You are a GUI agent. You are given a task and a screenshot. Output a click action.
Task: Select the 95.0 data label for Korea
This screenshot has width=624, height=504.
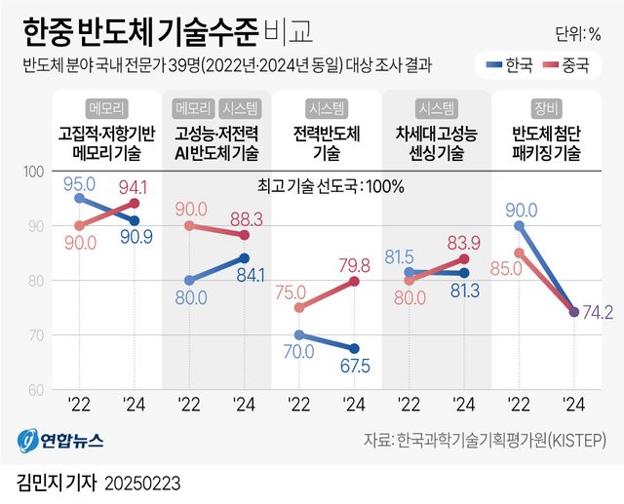78,183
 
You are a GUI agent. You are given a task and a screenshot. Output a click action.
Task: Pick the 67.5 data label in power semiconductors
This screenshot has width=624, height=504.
354,366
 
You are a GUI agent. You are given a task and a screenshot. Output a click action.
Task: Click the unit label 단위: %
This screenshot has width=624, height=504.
582,34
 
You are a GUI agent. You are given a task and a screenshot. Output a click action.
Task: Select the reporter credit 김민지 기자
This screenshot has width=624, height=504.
55,483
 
